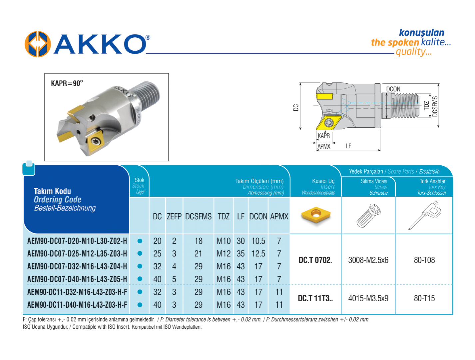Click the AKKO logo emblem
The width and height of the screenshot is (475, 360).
point(38,44)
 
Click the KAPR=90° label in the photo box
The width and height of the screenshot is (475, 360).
point(67,83)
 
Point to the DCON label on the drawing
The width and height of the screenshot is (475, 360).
point(393,89)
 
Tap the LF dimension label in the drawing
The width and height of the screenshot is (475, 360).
point(348,146)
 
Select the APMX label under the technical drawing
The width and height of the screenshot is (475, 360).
point(324,147)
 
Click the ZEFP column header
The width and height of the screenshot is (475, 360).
point(174,216)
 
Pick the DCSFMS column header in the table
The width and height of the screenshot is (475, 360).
point(198,216)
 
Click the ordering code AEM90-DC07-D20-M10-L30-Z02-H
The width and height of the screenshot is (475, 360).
point(77,241)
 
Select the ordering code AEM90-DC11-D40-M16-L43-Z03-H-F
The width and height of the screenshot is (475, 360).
point(77,305)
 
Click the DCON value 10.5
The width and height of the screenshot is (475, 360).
point(258,241)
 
